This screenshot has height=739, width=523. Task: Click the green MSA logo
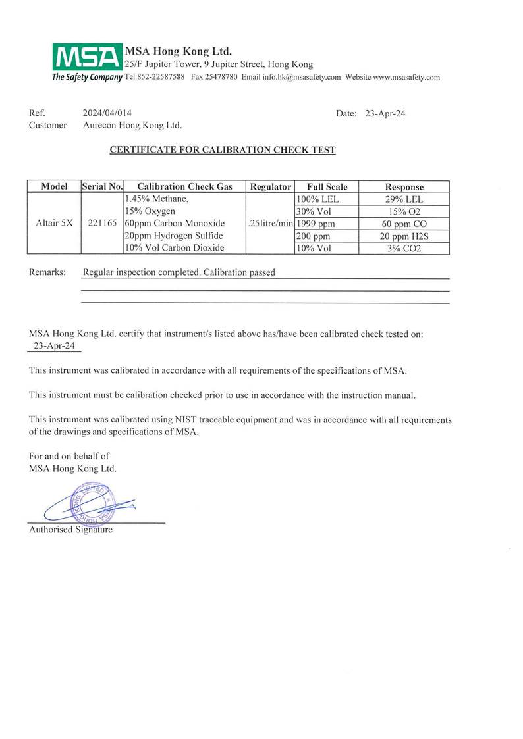pos(88,57)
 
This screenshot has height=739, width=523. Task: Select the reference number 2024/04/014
pos(112,113)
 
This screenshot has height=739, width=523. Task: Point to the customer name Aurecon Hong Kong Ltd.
pos(132,125)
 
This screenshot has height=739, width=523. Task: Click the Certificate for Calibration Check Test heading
pos(222,150)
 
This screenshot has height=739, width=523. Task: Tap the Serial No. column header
pos(101,187)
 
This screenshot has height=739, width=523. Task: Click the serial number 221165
pos(101,223)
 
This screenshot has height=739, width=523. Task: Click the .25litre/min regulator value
pos(270,223)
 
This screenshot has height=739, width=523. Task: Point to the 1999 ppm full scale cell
pos(316,223)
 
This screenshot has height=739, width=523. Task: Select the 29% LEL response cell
pos(404,199)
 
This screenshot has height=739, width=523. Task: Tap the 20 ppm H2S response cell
pos(404,236)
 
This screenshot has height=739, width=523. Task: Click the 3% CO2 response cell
pos(404,248)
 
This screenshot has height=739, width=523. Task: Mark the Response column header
pos(404,187)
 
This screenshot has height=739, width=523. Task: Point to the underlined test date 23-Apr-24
pos(54,345)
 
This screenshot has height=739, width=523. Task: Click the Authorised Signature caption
pos(71,529)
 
